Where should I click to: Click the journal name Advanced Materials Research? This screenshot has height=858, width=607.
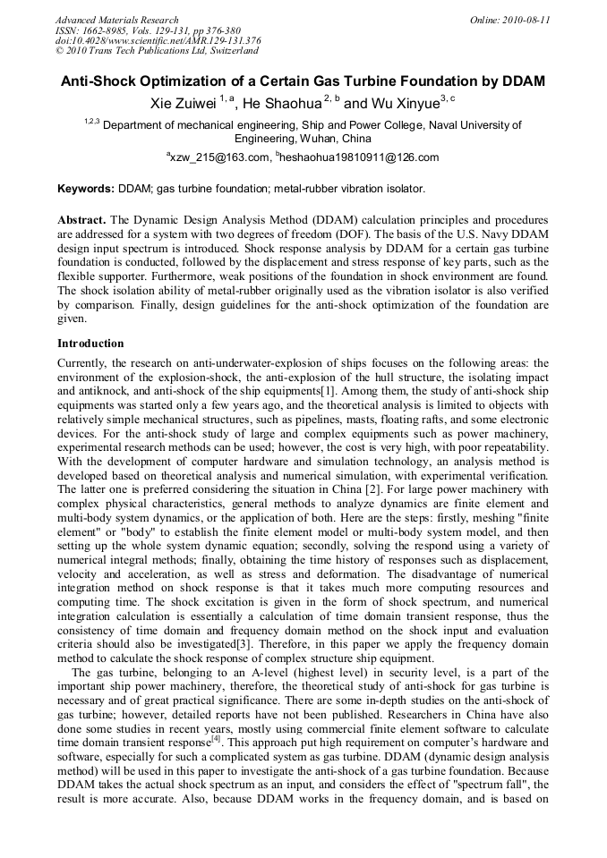[x=116, y=20]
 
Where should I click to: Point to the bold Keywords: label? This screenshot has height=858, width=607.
[x=86, y=189]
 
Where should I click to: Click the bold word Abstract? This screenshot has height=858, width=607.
[x=83, y=219]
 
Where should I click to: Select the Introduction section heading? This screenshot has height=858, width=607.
[x=90, y=344]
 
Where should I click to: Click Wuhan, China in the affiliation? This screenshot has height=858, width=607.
[x=338, y=139]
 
